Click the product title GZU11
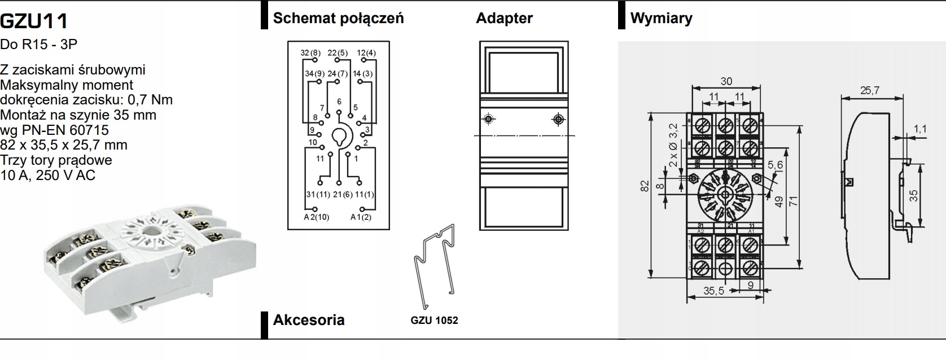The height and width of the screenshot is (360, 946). tap(34, 21)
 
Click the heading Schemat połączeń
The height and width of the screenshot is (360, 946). tap(338, 18)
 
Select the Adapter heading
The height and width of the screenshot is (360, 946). tap(504, 18)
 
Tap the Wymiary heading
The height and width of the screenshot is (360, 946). tap(661, 18)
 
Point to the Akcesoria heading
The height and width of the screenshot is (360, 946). tap(308, 320)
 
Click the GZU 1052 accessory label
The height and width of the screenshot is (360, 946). tap(434, 321)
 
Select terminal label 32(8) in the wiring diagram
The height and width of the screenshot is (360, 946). tap(310, 53)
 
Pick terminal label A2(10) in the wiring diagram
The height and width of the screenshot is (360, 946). tap(316, 217)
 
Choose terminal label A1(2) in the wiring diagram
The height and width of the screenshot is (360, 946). tap(361, 217)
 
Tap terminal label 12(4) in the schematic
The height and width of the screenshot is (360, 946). tap(366, 53)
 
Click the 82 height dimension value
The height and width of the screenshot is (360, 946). tap(644, 186)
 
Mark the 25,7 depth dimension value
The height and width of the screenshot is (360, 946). tap(870, 90)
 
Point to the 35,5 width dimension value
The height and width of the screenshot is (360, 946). tap(713, 291)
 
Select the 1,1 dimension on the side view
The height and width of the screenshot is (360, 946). tap(920, 129)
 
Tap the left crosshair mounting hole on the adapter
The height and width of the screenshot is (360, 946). tap(489, 119)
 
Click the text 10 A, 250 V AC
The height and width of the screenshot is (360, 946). tap(48, 175)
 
